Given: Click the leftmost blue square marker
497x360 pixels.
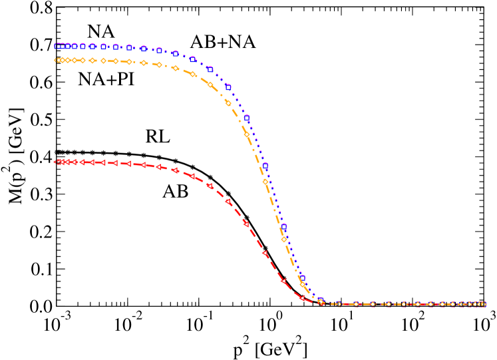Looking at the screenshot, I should point(57,46).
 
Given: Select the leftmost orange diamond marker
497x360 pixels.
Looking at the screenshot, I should point(57,60).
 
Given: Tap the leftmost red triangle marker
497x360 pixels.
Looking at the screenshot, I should point(58,162).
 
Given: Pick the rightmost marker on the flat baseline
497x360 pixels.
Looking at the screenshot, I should point(484,304).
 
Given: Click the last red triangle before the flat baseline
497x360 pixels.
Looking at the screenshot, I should point(302,297).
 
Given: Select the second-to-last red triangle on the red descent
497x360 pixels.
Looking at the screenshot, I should point(283,281).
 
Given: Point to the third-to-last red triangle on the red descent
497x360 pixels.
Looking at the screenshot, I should point(265,253).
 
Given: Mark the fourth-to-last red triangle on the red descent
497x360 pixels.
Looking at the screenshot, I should point(246,224).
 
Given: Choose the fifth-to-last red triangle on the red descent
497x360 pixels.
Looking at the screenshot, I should point(228,201).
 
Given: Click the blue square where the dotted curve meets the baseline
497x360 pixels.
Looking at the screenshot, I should point(320,300).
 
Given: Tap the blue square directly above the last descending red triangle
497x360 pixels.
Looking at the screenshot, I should point(302,278).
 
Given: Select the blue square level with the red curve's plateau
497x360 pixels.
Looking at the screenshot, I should point(265,165).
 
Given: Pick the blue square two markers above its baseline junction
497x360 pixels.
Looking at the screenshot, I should point(283,226).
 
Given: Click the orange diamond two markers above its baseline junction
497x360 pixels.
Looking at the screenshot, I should point(283,240).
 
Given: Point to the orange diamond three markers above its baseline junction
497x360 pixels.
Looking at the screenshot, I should point(265,181).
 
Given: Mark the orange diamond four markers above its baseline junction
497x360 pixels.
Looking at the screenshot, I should point(247,134).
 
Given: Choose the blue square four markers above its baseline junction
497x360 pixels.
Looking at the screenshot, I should point(247,118).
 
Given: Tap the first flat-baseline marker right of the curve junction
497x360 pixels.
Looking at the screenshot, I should point(338,304).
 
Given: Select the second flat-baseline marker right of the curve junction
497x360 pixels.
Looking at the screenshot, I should point(356,304).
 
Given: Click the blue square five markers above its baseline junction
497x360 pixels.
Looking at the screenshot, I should point(228,87).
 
